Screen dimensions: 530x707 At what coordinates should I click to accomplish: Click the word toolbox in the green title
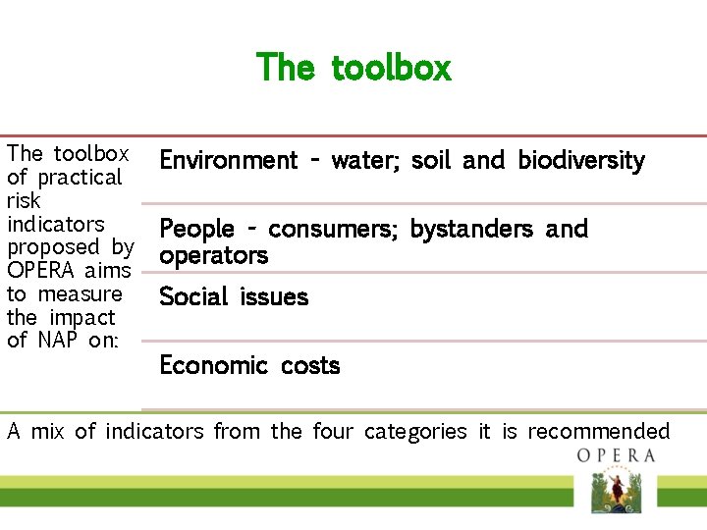391,68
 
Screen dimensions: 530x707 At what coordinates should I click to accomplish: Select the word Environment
228,160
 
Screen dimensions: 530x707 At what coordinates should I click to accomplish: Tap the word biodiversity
581,160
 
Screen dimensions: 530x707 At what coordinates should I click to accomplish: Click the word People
196,230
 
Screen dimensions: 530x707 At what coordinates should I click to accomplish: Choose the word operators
213,256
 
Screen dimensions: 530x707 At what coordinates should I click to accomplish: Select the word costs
310,366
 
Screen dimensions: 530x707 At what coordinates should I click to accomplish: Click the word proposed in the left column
53,247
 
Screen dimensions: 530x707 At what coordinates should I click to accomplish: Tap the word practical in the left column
79,178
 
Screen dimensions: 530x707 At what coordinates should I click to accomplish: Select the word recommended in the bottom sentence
598,432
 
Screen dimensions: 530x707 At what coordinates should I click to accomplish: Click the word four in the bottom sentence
333,432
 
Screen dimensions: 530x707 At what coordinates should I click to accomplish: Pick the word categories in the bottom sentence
415,432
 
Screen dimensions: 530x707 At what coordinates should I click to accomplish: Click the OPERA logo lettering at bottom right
616,455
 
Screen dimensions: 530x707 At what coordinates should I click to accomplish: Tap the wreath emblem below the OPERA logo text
615,491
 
